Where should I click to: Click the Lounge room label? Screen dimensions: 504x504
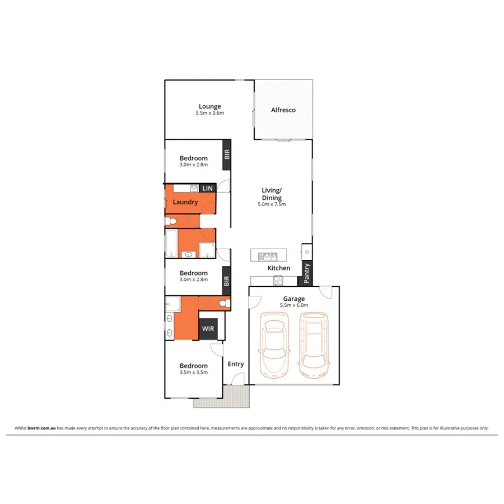tap(210, 106)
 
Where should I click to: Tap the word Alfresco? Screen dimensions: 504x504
tap(283, 110)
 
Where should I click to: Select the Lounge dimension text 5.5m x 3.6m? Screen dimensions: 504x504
tap(210, 114)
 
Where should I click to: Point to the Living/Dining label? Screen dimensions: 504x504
tap(272, 194)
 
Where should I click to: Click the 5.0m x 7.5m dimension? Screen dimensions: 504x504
tap(272, 204)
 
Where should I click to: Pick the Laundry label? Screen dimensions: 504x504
tap(185, 202)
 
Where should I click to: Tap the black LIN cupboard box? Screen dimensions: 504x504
tap(208, 189)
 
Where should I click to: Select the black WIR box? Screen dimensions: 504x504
tap(207, 329)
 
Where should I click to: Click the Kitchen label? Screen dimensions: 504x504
tap(278, 268)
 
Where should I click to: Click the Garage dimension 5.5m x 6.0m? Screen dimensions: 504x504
tap(294, 305)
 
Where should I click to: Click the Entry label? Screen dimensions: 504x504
tap(236, 364)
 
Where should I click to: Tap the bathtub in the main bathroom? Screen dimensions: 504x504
tap(172, 244)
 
